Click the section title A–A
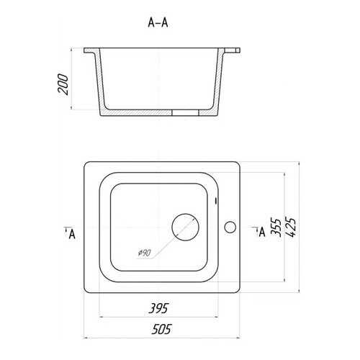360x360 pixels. point(158,23)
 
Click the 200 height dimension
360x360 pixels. point(63,84)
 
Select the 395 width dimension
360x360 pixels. point(158,308)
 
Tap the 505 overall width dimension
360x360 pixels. point(161,329)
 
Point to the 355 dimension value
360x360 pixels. point(276,228)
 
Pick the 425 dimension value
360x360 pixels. point(292,228)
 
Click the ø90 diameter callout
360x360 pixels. point(144,253)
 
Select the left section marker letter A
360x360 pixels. point(72,234)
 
